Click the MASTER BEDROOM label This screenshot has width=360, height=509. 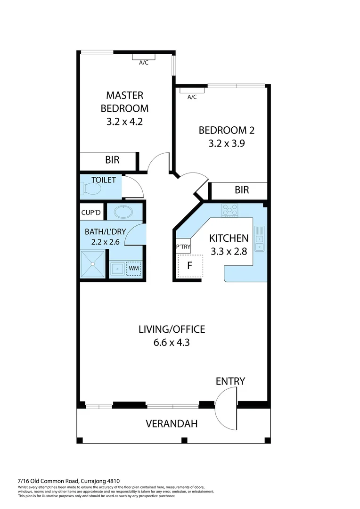(x=124, y=101)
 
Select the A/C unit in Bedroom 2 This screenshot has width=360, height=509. (x=192, y=90)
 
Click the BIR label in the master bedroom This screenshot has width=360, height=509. (x=112, y=160)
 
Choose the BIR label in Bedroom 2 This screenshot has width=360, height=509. (x=242, y=190)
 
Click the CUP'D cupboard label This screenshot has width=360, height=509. (x=91, y=213)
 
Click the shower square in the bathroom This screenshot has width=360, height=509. (x=93, y=264)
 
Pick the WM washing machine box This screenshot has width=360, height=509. (x=134, y=268)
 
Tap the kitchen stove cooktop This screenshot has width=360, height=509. (x=230, y=210)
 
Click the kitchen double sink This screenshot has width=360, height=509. (x=259, y=238)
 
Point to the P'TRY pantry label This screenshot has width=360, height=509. (x=183, y=246)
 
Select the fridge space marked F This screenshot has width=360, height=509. (x=190, y=266)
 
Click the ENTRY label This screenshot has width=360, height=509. (x=230, y=381)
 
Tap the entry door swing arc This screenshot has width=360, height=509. (x=226, y=410)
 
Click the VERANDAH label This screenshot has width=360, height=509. (x=172, y=423)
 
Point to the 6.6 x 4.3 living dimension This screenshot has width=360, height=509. (x=172, y=343)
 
